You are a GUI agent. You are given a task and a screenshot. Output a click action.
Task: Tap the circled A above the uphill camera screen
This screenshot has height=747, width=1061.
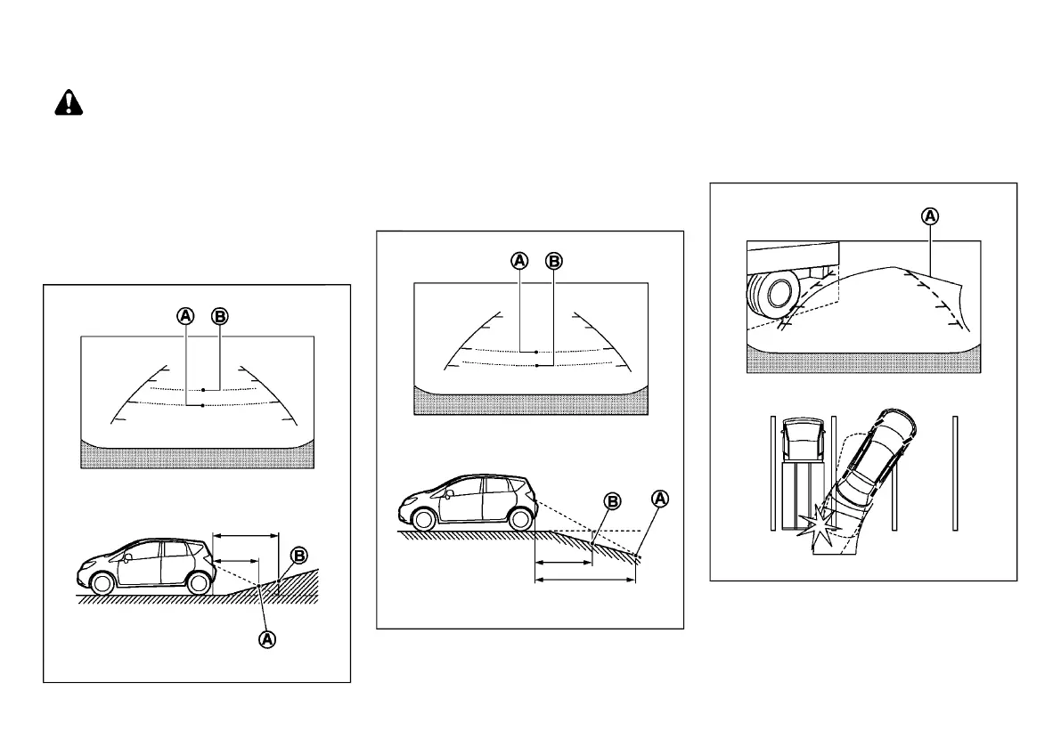(x=185, y=315)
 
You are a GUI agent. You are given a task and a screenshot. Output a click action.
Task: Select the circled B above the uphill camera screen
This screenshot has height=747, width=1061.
(x=219, y=315)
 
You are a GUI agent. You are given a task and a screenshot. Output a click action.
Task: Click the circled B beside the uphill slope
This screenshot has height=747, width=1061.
(x=299, y=556)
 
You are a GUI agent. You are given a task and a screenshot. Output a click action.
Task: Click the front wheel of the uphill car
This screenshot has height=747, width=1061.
(x=102, y=583)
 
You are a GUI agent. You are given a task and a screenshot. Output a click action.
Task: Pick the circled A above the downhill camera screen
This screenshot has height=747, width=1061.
(x=519, y=261)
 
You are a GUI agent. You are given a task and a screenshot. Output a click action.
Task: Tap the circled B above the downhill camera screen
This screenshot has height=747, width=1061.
(x=553, y=261)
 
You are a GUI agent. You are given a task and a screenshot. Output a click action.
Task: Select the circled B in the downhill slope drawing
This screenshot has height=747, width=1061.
(x=613, y=501)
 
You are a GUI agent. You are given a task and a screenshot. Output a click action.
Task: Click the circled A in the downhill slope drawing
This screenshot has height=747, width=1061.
(x=660, y=499)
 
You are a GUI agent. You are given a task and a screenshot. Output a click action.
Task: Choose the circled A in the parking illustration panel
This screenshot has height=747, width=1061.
(x=929, y=215)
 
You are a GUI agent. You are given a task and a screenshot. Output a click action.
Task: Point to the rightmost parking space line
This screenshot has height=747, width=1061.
(x=954, y=473)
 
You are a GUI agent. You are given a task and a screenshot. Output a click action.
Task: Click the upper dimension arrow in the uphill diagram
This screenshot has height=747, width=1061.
(x=245, y=536)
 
